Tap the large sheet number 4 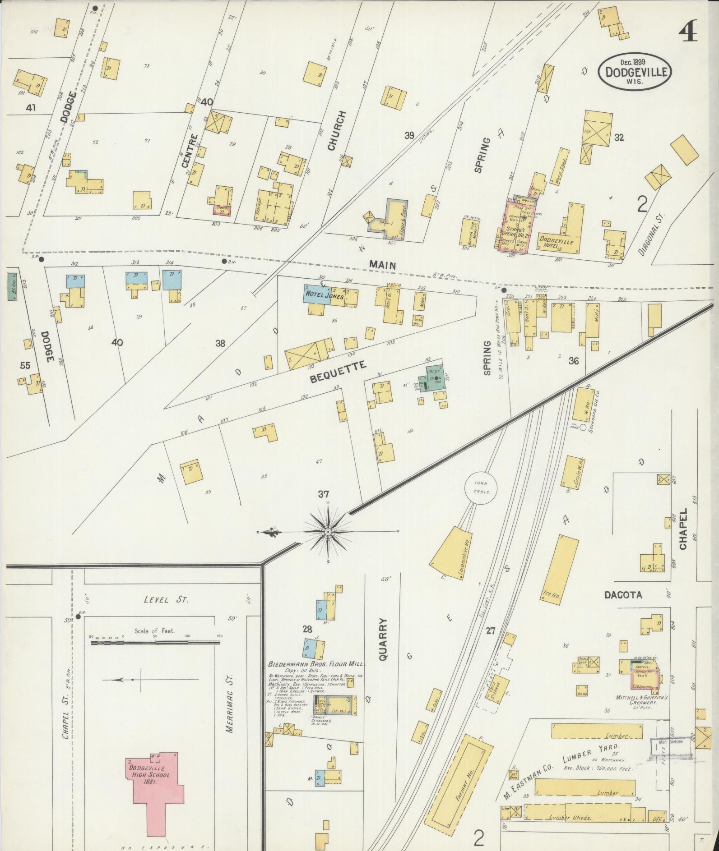pos(687,30)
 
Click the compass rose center pos(328,532)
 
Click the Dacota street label pos(623,595)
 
